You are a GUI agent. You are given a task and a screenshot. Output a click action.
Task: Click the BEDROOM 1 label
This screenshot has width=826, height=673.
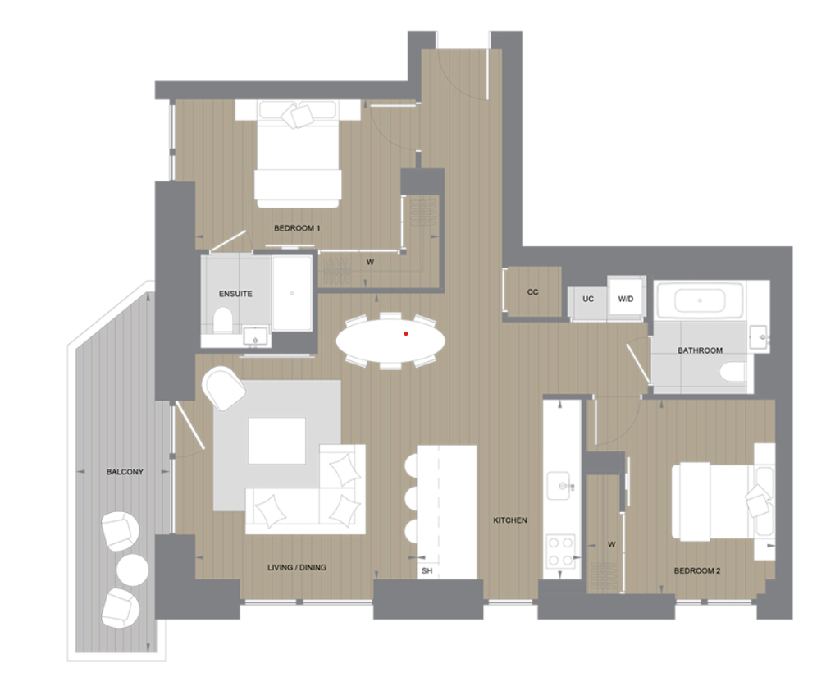[x=296, y=227]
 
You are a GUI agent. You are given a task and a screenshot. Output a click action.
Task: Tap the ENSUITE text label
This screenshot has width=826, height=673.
[x=235, y=293]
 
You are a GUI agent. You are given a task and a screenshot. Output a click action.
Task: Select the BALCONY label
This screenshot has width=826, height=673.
[x=125, y=472]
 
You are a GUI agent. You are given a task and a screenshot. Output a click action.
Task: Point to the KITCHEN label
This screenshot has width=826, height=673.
[x=509, y=520]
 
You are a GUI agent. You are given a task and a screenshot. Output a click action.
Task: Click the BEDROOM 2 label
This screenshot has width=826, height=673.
[x=697, y=570]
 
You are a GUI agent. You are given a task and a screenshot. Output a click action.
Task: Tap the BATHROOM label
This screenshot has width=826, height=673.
[x=700, y=350]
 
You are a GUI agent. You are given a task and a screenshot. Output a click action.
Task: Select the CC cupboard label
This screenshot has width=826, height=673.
[x=532, y=291]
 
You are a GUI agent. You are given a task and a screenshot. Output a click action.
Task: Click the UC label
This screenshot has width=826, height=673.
[x=588, y=299]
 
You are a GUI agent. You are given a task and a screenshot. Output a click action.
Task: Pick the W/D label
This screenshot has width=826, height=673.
[x=626, y=299]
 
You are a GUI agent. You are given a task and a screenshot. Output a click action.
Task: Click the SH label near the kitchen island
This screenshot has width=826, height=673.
[x=427, y=570]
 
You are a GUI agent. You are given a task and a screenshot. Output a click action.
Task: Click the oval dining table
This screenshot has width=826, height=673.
[x=392, y=340]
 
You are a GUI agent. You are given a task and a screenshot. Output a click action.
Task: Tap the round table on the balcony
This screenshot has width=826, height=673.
[x=131, y=569]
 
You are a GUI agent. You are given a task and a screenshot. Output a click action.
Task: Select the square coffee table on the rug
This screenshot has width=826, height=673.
[x=277, y=441]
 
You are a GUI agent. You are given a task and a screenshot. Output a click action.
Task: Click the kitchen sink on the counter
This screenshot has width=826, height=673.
[x=563, y=484]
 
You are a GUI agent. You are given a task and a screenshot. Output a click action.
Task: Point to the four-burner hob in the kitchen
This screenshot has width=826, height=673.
[x=562, y=549]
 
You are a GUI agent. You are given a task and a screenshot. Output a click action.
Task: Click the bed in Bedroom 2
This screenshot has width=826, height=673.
[x=714, y=501]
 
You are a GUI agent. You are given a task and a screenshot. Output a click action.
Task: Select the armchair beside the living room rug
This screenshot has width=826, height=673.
[x=223, y=388]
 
